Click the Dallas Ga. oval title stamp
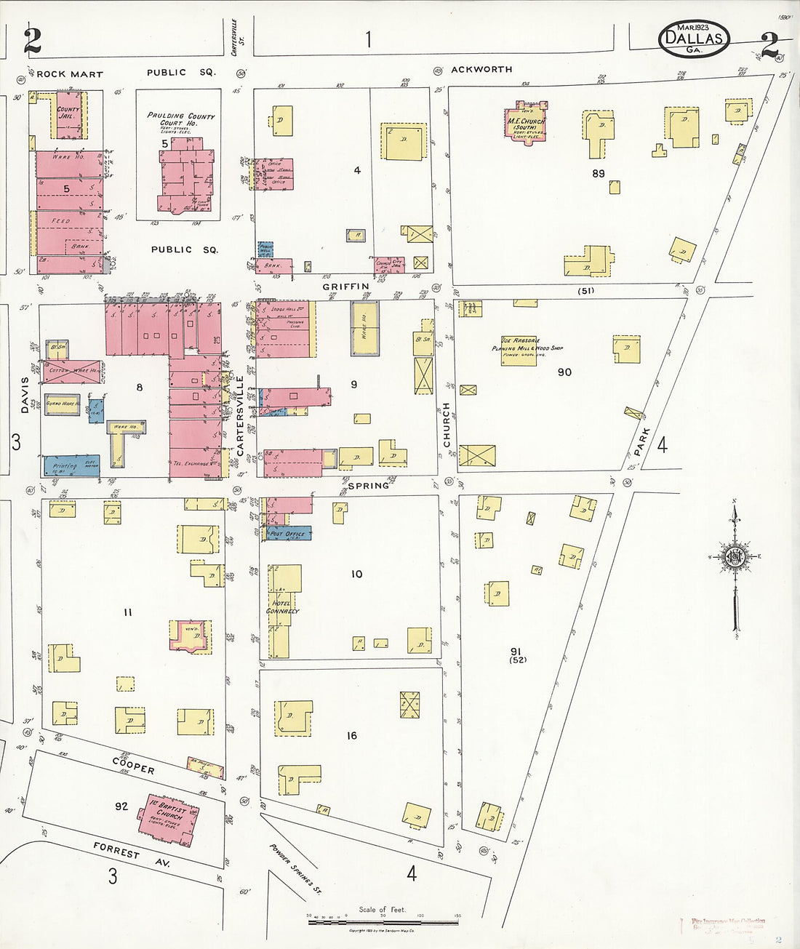tap(694, 37)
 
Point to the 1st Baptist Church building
tap(168, 817)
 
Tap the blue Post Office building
tap(288, 534)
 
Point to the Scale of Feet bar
tap(383, 921)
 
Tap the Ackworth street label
tap(481, 70)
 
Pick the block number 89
tap(598, 174)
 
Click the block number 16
tap(351, 736)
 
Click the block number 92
tap(121, 806)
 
